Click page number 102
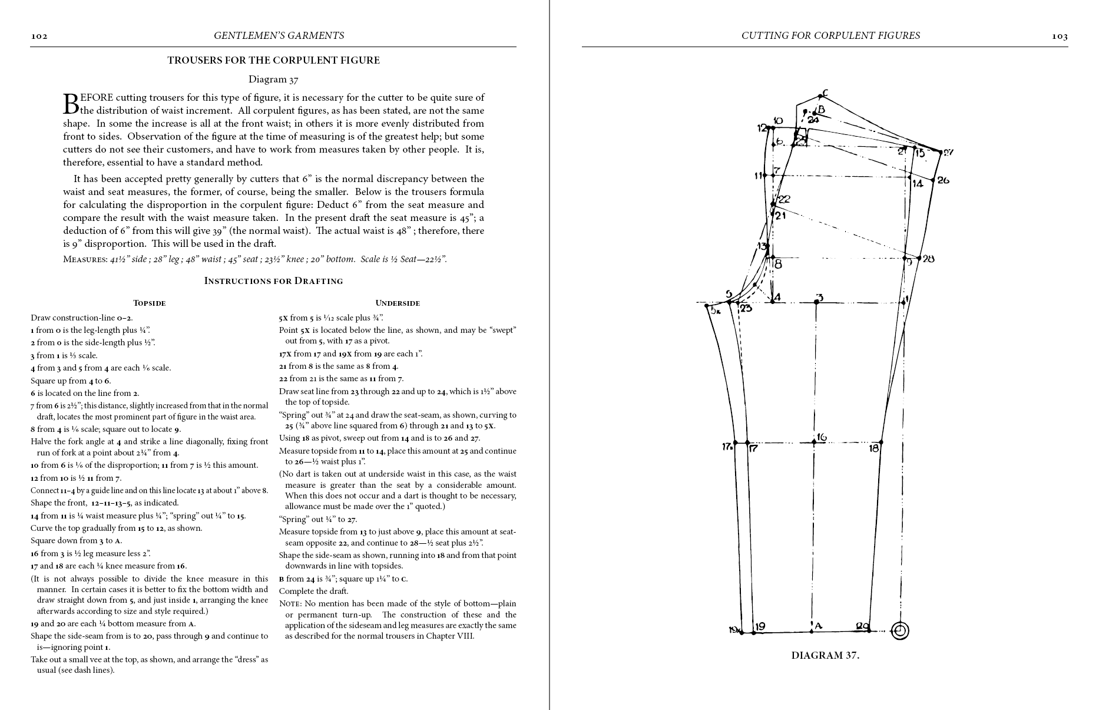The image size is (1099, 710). (39, 37)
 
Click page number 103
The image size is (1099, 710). (1060, 37)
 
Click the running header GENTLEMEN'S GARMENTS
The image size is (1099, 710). (279, 36)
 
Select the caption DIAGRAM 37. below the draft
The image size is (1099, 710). (825, 655)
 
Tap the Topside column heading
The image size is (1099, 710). (149, 303)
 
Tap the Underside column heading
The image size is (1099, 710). (398, 303)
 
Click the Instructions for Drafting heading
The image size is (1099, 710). (273, 281)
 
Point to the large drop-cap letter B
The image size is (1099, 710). (70, 103)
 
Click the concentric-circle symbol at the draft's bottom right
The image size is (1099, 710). (899, 630)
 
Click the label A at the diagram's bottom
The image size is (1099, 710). (818, 626)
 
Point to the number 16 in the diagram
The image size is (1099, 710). (821, 437)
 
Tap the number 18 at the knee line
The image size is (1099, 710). (873, 448)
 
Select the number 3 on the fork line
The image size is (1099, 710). (819, 298)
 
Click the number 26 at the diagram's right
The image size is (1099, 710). (942, 180)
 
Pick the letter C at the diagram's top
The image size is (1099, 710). (825, 93)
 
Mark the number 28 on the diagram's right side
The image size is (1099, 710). (928, 258)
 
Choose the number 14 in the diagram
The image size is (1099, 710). (917, 184)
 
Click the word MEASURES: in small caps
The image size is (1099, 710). (84, 259)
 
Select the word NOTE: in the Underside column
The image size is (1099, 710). (290, 604)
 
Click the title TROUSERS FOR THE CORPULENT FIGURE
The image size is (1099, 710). (273, 60)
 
